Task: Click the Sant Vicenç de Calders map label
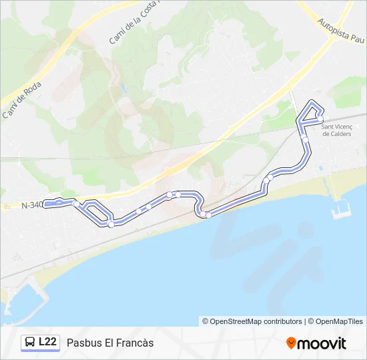pos(337,129)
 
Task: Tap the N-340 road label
pos(31,205)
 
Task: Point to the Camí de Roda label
pos(23,100)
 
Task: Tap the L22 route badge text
pos(48,342)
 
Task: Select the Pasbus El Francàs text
pos(110,343)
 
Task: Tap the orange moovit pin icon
pos(292,343)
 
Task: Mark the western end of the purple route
pos(45,204)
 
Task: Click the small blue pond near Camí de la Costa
pos(124,87)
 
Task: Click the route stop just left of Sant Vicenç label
pos(304,138)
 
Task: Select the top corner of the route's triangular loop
pos(312,102)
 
